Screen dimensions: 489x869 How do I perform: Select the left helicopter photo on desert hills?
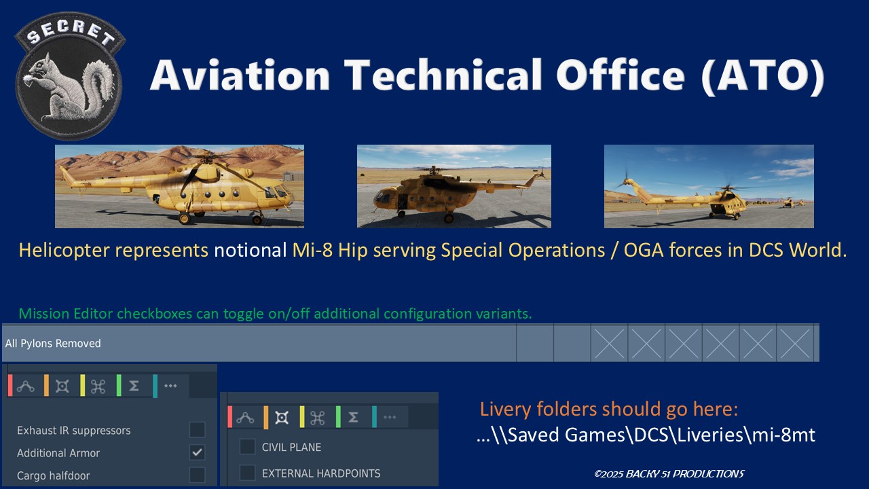[x=179, y=186]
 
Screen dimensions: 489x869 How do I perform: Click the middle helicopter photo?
[x=454, y=186]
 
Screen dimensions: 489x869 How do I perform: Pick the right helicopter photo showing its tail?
[x=709, y=186]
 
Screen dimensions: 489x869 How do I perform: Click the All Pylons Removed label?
[x=53, y=344]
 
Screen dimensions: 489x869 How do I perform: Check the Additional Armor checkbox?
[x=197, y=452]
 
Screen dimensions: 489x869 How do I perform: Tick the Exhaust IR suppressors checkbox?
[x=197, y=430]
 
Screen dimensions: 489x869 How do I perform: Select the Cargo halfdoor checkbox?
[x=197, y=475]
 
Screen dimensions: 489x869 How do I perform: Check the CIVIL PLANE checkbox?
[x=248, y=448]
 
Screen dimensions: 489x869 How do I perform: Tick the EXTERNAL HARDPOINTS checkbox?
[x=248, y=473]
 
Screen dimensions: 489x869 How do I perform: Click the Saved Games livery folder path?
[x=645, y=435]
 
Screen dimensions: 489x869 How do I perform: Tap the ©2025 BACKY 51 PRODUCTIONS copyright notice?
[x=669, y=473]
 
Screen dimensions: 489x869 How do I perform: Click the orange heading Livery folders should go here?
[x=608, y=409]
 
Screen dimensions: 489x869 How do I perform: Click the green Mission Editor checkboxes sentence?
[x=275, y=314]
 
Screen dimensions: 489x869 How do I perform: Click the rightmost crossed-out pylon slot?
[x=795, y=344]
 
